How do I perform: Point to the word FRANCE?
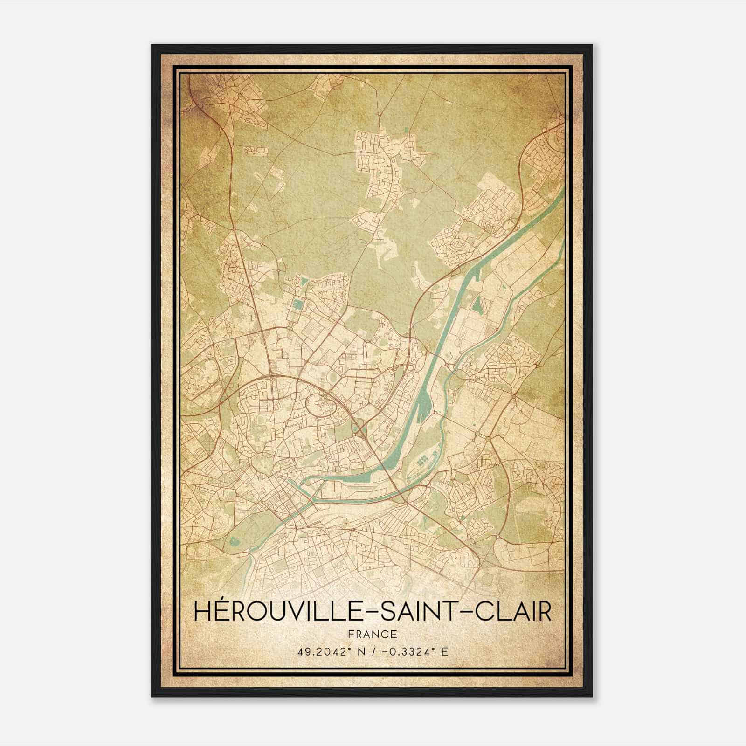(x=372, y=634)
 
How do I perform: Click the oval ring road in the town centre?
(x=320, y=404)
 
